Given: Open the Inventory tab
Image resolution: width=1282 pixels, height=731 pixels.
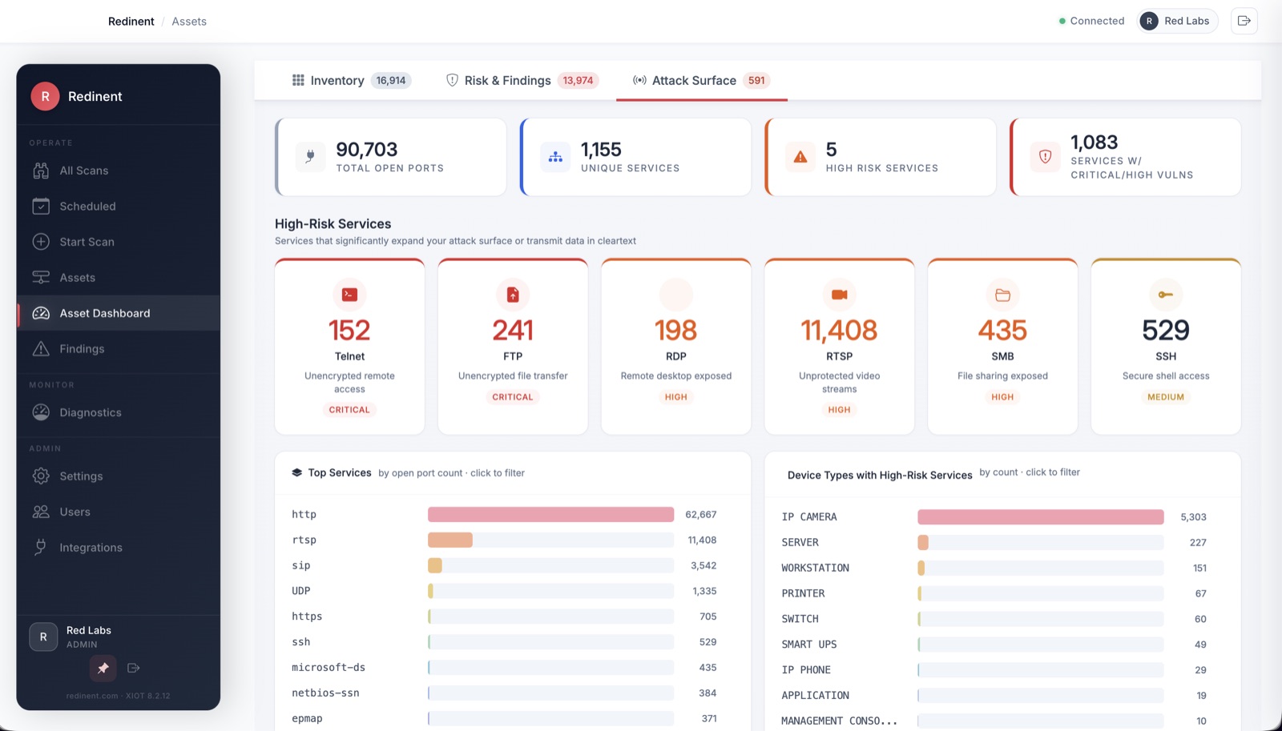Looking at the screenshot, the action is tap(351, 81).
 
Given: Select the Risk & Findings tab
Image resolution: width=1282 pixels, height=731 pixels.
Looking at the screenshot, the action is tap(522, 81).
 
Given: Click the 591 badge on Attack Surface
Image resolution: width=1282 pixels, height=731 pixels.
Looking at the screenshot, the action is tap(756, 81).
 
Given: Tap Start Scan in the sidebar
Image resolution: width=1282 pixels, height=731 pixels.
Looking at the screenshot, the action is tap(87, 242).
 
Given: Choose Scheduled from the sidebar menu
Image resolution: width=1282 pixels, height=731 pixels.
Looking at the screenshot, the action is tap(87, 207).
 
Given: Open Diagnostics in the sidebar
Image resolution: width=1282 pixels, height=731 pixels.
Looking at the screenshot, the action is tap(90, 412).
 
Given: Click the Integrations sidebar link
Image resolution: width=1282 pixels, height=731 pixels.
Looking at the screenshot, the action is tap(91, 548).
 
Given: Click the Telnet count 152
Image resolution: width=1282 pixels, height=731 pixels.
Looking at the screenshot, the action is tap(349, 330).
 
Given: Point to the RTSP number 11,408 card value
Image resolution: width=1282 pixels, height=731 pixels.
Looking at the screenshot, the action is tap(838, 330).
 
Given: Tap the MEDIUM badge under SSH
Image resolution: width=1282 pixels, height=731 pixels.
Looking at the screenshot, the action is tap(1165, 397).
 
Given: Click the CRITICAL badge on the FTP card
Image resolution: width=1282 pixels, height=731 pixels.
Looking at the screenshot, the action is tap(512, 397).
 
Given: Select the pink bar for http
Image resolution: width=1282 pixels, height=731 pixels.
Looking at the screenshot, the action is tap(550, 514).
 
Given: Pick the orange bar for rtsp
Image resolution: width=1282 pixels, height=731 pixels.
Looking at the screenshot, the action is tap(450, 540).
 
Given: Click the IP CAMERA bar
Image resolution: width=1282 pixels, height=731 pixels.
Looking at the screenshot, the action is tap(1041, 517).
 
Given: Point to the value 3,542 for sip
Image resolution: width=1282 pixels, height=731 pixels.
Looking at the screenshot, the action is tap(703, 566).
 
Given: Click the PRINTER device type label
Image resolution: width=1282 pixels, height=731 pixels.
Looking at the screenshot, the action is tap(803, 594).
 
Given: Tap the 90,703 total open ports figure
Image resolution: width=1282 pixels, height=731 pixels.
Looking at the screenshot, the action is tap(366, 149).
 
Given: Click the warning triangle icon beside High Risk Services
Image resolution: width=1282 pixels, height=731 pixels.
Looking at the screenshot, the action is tap(800, 157).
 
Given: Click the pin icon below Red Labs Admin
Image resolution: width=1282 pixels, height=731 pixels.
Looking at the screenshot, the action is tap(103, 668).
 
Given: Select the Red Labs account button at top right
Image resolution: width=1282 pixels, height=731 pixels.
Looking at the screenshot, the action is tap(1177, 21).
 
